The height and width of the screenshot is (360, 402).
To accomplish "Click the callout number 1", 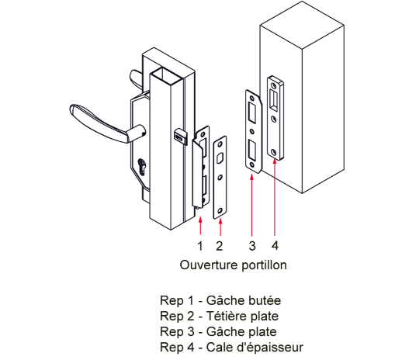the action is pos(200,246).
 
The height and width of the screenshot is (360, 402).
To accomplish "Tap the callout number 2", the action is pos(220,246).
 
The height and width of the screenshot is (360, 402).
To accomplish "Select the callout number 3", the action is pos(252,246).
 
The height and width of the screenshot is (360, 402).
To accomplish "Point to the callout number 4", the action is pos(275,245).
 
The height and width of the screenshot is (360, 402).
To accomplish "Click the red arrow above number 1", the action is pos(200,226).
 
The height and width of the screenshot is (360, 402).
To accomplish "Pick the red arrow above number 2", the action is pos(220,227).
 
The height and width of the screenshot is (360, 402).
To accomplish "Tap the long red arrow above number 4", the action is pos(275,198).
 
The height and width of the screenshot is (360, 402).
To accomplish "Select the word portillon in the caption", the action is pos(264,265).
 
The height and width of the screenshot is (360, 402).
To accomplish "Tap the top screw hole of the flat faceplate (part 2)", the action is pos(220,144).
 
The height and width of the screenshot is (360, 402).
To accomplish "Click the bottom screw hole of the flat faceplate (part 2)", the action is pos(220,210).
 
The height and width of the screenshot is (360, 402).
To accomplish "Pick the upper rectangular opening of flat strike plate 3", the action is pos(251,112).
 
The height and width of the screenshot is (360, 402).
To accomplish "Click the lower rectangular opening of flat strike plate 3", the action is pos(251,149).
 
